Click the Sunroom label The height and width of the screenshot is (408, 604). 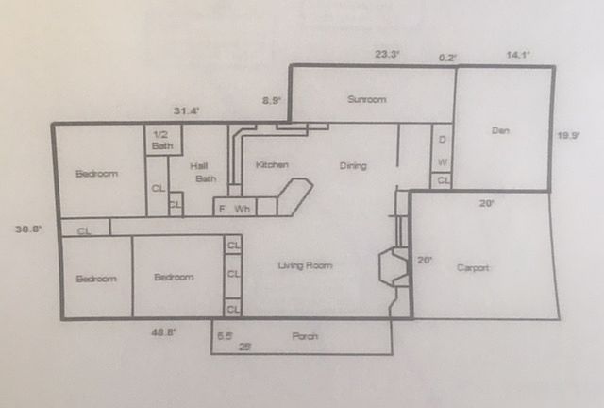pyautogui.click(x=366, y=99)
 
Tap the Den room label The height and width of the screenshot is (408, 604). pyautogui.click(x=500, y=131)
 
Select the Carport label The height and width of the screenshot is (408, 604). pyautogui.click(x=473, y=268)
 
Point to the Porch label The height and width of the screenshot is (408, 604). pyautogui.click(x=305, y=336)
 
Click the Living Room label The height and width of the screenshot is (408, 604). pyautogui.click(x=305, y=266)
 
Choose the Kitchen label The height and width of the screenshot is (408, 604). pyautogui.click(x=272, y=165)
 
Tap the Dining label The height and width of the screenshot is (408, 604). pyautogui.click(x=353, y=166)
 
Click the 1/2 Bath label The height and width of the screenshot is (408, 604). pyautogui.click(x=162, y=141)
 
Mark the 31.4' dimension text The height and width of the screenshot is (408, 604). pyautogui.click(x=186, y=111)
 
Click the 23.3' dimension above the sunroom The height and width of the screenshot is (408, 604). pyautogui.click(x=387, y=55)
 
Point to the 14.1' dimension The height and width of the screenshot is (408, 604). pyautogui.click(x=518, y=56)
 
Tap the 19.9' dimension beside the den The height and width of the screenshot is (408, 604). pyautogui.click(x=568, y=136)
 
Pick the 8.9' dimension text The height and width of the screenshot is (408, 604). pyautogui.click(x=271, y=99)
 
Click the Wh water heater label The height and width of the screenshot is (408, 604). pyautogui.click(x=242, y=208)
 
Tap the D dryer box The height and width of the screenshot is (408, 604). pyautogui.click(x=443, y=141)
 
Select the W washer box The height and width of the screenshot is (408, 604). pyautogui.click(x=443, y=161)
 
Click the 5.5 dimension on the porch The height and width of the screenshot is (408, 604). pyautogui.click(x=225, y=335)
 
